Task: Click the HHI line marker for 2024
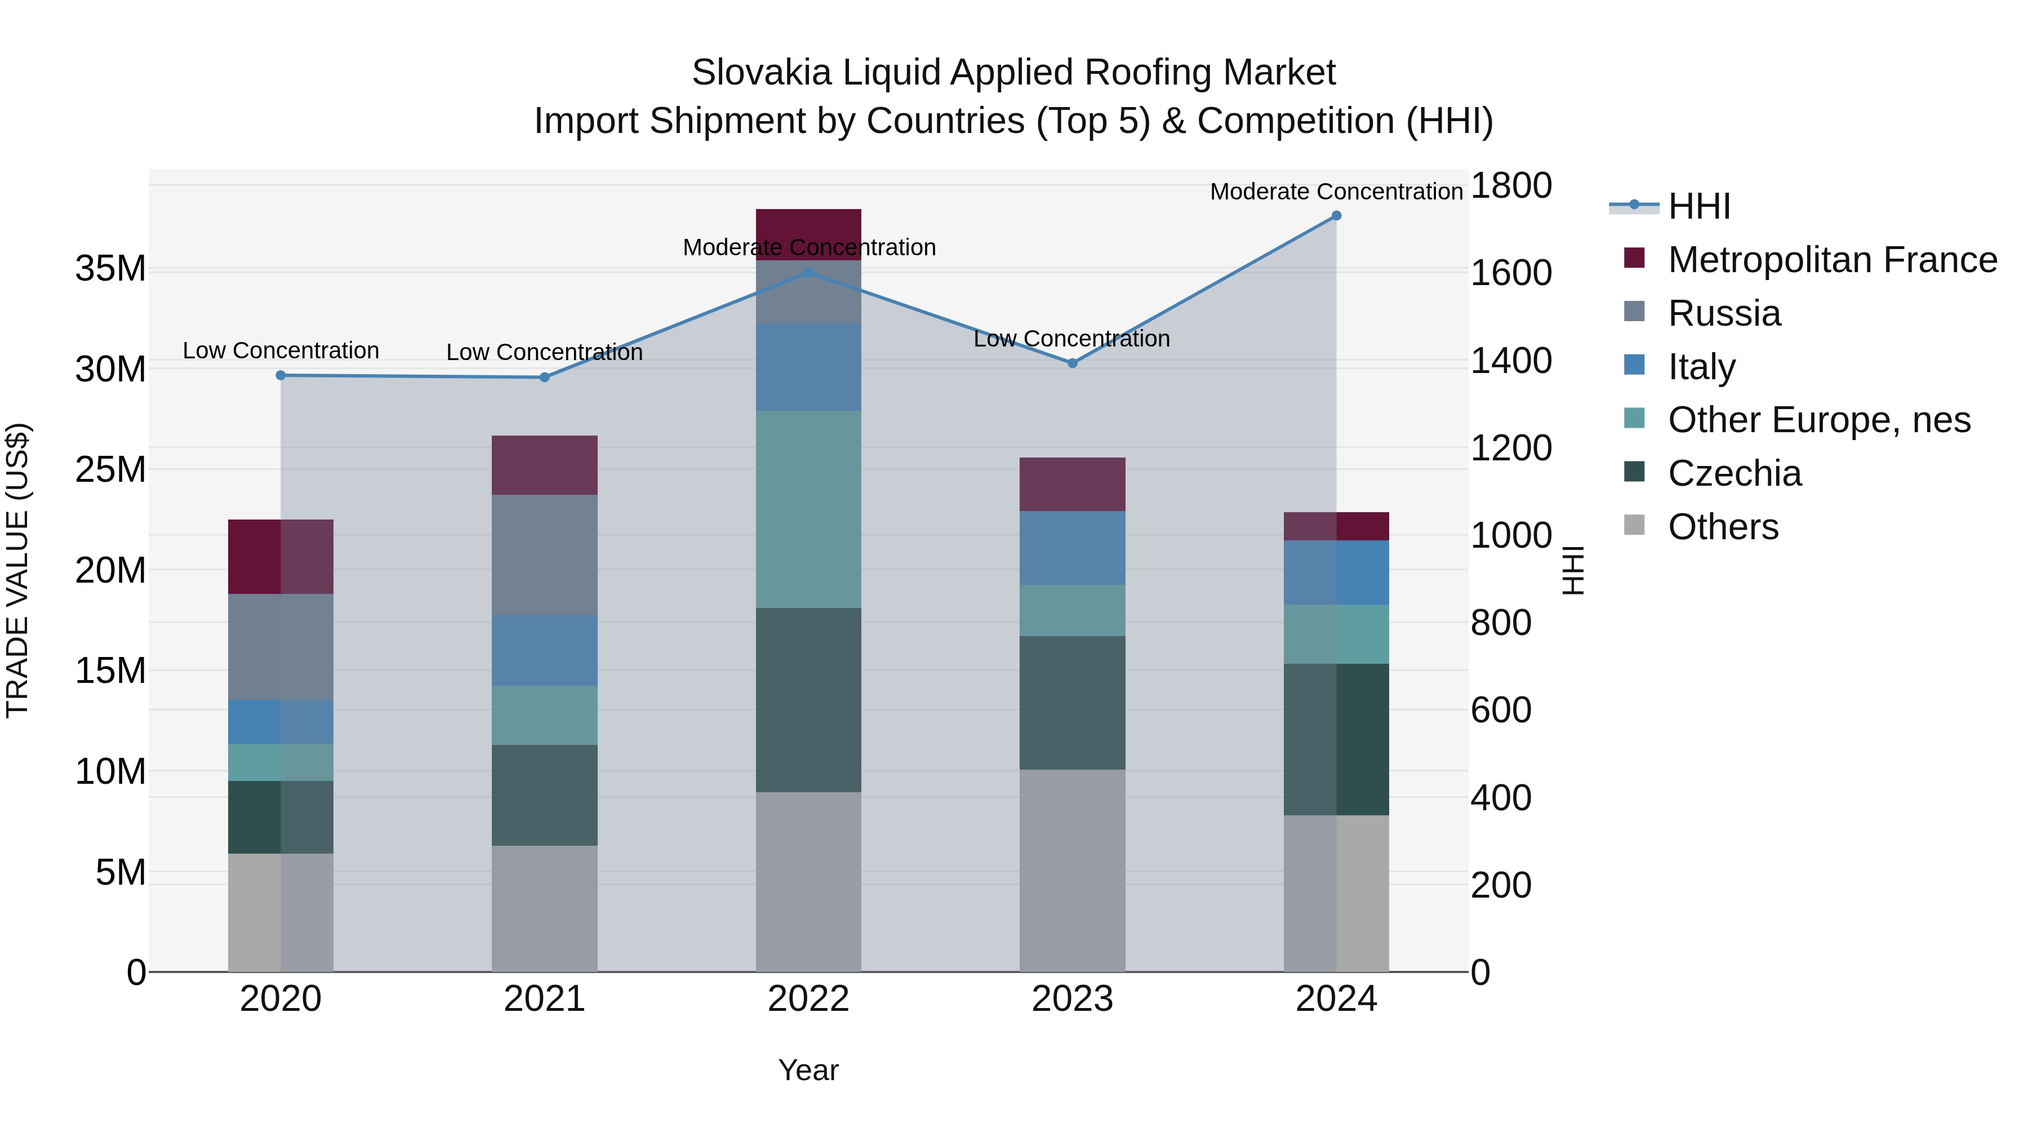(x=1336, y=216)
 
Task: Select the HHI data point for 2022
(x=808, y=273)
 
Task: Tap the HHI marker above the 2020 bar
(x=281, y=376)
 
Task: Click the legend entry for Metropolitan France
(x=1832, y=260)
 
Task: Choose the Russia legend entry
(x=1724, y=313)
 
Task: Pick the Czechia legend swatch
(x=1634, y=473)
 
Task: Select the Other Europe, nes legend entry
(x=1818, y=420)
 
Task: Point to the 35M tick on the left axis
(x=110, y=269)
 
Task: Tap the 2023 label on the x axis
(x=1072, y=999)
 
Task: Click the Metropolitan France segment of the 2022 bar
(x=808, y=234)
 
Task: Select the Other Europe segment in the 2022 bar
(x=808, y=509)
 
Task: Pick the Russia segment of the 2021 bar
(x=545, y=554)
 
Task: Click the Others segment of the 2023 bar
(x=1072, y=870)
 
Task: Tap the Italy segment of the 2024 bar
(x=1336, y=572)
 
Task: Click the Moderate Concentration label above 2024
(x=1336, y=192)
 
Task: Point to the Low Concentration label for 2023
(x=1071, y=339)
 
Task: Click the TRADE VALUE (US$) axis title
(x=17, y=570)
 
